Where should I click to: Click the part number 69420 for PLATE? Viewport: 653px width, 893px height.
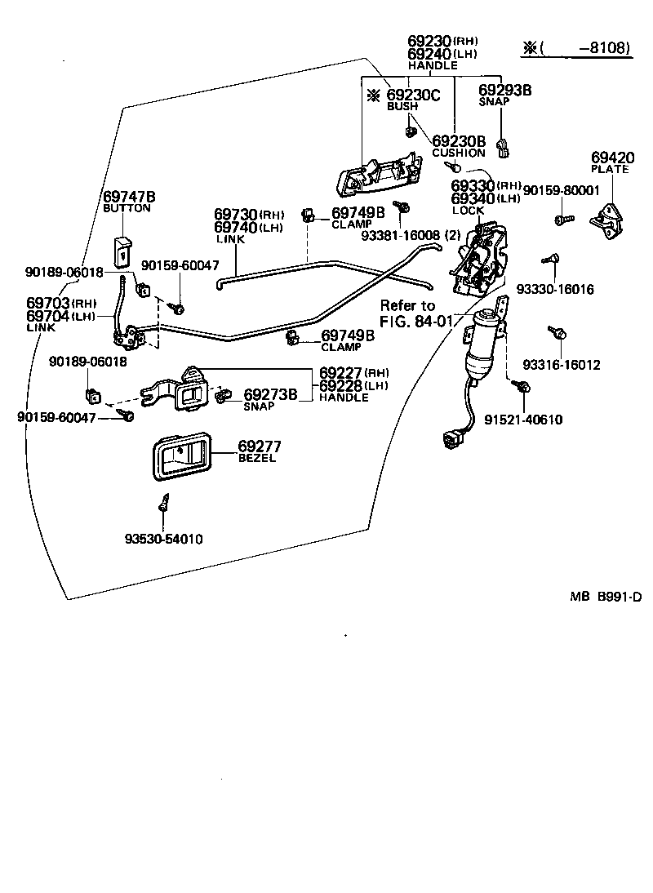coord(610,157)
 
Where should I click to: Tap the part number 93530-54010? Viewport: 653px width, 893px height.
coord(164,539)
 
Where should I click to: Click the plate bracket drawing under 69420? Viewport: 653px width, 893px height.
coord(608,220)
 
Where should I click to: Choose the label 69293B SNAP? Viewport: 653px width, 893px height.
coord(504,96)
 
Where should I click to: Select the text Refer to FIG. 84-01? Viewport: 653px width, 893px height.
coord(415,313)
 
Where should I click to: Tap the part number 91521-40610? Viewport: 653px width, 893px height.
coord(523,420)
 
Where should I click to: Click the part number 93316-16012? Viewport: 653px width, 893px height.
coord(562,364)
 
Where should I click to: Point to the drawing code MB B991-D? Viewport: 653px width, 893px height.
coord(606,597)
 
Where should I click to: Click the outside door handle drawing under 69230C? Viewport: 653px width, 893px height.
coord(376,174)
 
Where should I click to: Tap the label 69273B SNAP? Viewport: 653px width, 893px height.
coord(270,399)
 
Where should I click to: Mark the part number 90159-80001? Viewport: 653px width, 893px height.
coord(561,189)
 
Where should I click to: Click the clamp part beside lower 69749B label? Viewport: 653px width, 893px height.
coord(291,339)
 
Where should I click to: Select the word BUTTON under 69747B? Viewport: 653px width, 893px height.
coord(127,208)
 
